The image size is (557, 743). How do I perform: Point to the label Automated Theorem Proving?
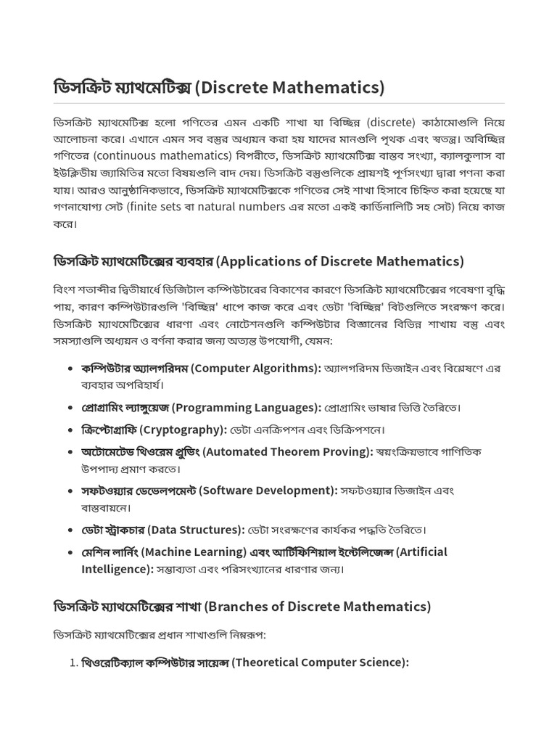287,452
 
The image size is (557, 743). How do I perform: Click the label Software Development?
268,491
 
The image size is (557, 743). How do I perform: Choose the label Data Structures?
196,530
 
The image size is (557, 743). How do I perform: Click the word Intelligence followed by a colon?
117,570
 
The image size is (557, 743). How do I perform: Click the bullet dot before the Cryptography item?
68,430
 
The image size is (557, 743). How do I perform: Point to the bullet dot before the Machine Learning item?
68,552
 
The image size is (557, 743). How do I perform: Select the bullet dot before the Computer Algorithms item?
68,369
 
